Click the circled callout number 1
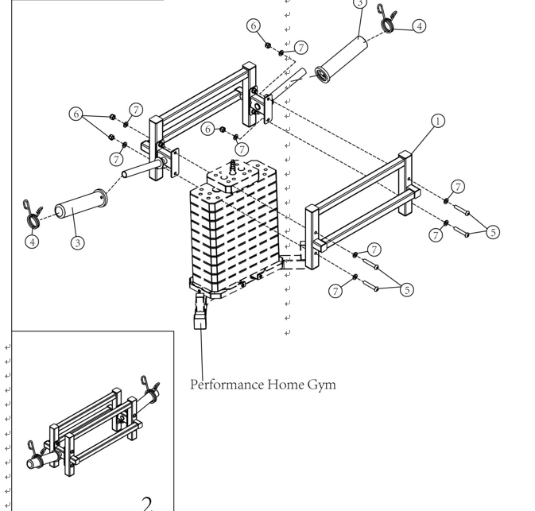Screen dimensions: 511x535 pyautogui.click(x=437, y=122)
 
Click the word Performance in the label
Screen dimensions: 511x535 pyautogui.click(x=227, y=385)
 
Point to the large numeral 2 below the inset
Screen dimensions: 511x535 pyautogui.click(x=147, y=502)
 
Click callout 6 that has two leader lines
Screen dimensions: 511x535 pyautogui.click(x=77, y=114)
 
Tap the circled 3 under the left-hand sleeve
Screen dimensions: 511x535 pyautogui.click(x=77, y=243)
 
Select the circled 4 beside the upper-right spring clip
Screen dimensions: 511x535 pyautogui.click(x=418, y=25)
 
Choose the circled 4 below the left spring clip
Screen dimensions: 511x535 pyautogui.click(x=32, y=242)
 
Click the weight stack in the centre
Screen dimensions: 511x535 pyautogui.click(x=235, y=230)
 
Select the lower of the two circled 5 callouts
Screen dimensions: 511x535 pyautogui.click(x=407, y=290)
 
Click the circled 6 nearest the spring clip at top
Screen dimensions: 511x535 pyautogui.click(x=254, y=25)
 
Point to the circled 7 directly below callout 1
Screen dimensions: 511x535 pyautogui.click(x=457, y=187)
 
